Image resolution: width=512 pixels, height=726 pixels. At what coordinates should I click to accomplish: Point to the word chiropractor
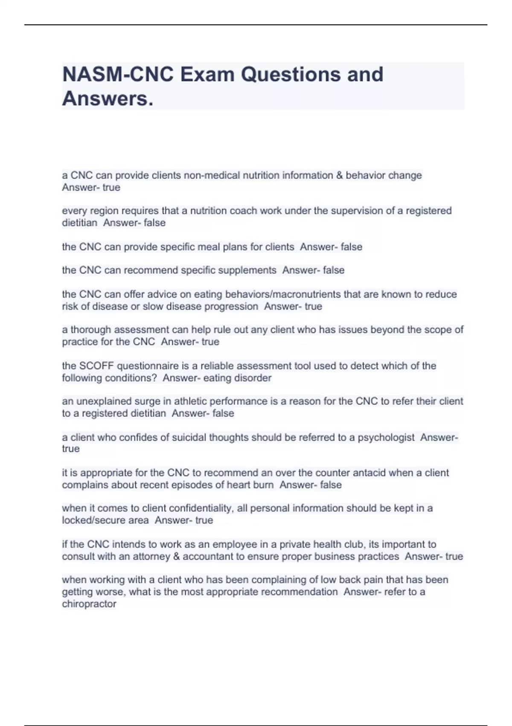click(x=89, y=604)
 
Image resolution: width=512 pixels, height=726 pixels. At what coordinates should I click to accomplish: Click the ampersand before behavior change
click(x=339, y=176)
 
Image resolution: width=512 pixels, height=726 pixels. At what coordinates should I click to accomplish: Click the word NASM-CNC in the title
click(x=118, y=74)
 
